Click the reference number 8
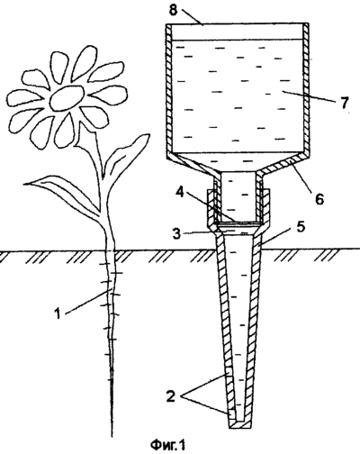pyautogui.click(x=173, y=10)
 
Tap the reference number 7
pyautogui.click(x=345, y=103)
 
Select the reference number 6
pyautogui.click(x=319, y=198)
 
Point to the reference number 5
pyautogui.click(x=301, y=227)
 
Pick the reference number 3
pyautogui.click(x=176, y=233)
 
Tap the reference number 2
pyautogui.click(x=170, y=396)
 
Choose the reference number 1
pyautogui.click(x=58, y=313)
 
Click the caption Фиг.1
pyautogui.click(x=168, y=445)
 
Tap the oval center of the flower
pyautogui.click(x=67, y=98)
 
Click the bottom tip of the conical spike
pyautogui.click(x=239, y=428)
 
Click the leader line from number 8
pyautogui.click(x=192, y=17)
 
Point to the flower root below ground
pyautogui.click(x=111, y=342)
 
